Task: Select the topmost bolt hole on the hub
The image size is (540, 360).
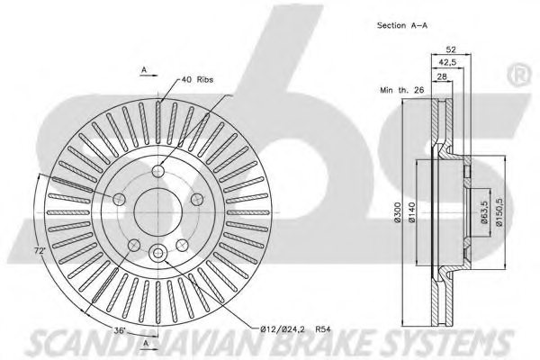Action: click(158, 171)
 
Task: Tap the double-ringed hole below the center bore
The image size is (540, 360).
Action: click(158, 254)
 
